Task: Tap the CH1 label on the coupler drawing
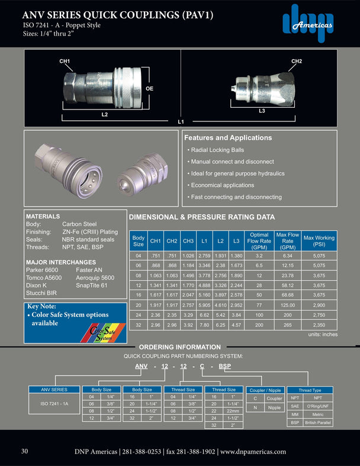tap(65, 62)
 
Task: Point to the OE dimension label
tap(150, 88)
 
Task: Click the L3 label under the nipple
tap(262, 111)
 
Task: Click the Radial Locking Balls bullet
tap(218, 150)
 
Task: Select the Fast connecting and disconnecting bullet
tap(235, 197)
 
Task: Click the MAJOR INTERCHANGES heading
tap(61, 262)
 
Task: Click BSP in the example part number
tap(225, 367)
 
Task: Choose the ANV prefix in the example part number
tap(142, 367)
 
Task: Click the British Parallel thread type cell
tap(318, 423)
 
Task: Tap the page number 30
tap(25, 451)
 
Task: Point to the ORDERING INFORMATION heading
tap(179, 347)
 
